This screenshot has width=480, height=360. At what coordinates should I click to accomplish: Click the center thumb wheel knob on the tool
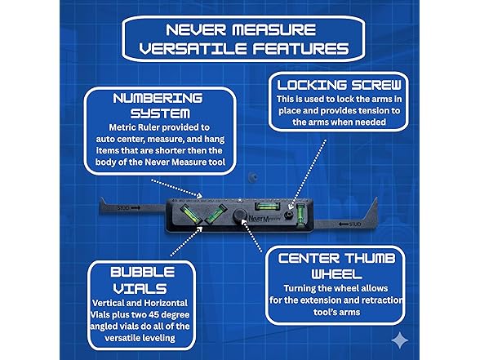[240, 216]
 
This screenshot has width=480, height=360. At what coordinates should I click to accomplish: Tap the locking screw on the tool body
[288, 215]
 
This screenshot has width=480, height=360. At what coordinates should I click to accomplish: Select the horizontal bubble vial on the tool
[268, 206]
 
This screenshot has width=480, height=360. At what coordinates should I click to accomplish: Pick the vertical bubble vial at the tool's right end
[300, 216]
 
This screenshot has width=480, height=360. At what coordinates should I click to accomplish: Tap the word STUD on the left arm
[123, 208]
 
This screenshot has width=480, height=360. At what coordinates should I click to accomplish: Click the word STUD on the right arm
[355, 224]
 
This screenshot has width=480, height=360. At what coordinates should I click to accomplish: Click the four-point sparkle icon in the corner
[400, 340]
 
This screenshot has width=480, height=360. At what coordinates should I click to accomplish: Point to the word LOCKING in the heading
[312, 85]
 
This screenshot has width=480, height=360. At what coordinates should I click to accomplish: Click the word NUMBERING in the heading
[158, 98]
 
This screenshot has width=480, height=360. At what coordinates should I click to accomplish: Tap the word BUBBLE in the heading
[143, 272]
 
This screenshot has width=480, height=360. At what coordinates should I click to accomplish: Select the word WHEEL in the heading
[336, 274]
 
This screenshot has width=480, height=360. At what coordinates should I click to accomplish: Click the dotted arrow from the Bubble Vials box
[186, 242]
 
